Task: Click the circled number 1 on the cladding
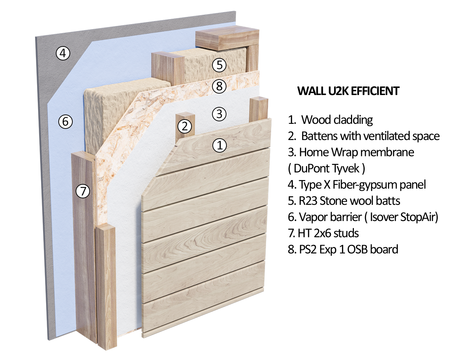click(x=219, y=145)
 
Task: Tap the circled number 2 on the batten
click(x=185, y=126)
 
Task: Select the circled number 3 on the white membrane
click(x=219, y=114)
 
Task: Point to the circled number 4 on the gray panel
click(x=63, y=53)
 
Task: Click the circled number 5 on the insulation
click(x=219, y=65)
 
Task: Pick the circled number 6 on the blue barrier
click(x=66, y=122)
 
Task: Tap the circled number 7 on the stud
click(x=83, y=191)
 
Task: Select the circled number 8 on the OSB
click(x=219, y=86)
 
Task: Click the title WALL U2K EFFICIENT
click(x=348, y=91)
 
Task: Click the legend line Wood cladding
click(x=330, y=120)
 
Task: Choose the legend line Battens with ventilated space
click(x=364, y=136)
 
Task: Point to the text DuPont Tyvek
click(x=327, y=168)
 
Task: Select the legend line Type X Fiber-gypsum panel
click(x=357, y=185)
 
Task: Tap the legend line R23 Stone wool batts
click(x=344, y=201)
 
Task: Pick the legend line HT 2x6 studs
click(x=323, y=233)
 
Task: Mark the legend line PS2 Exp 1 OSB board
click(x=343, y=249)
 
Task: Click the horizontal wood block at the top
click(x=227, y=40)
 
